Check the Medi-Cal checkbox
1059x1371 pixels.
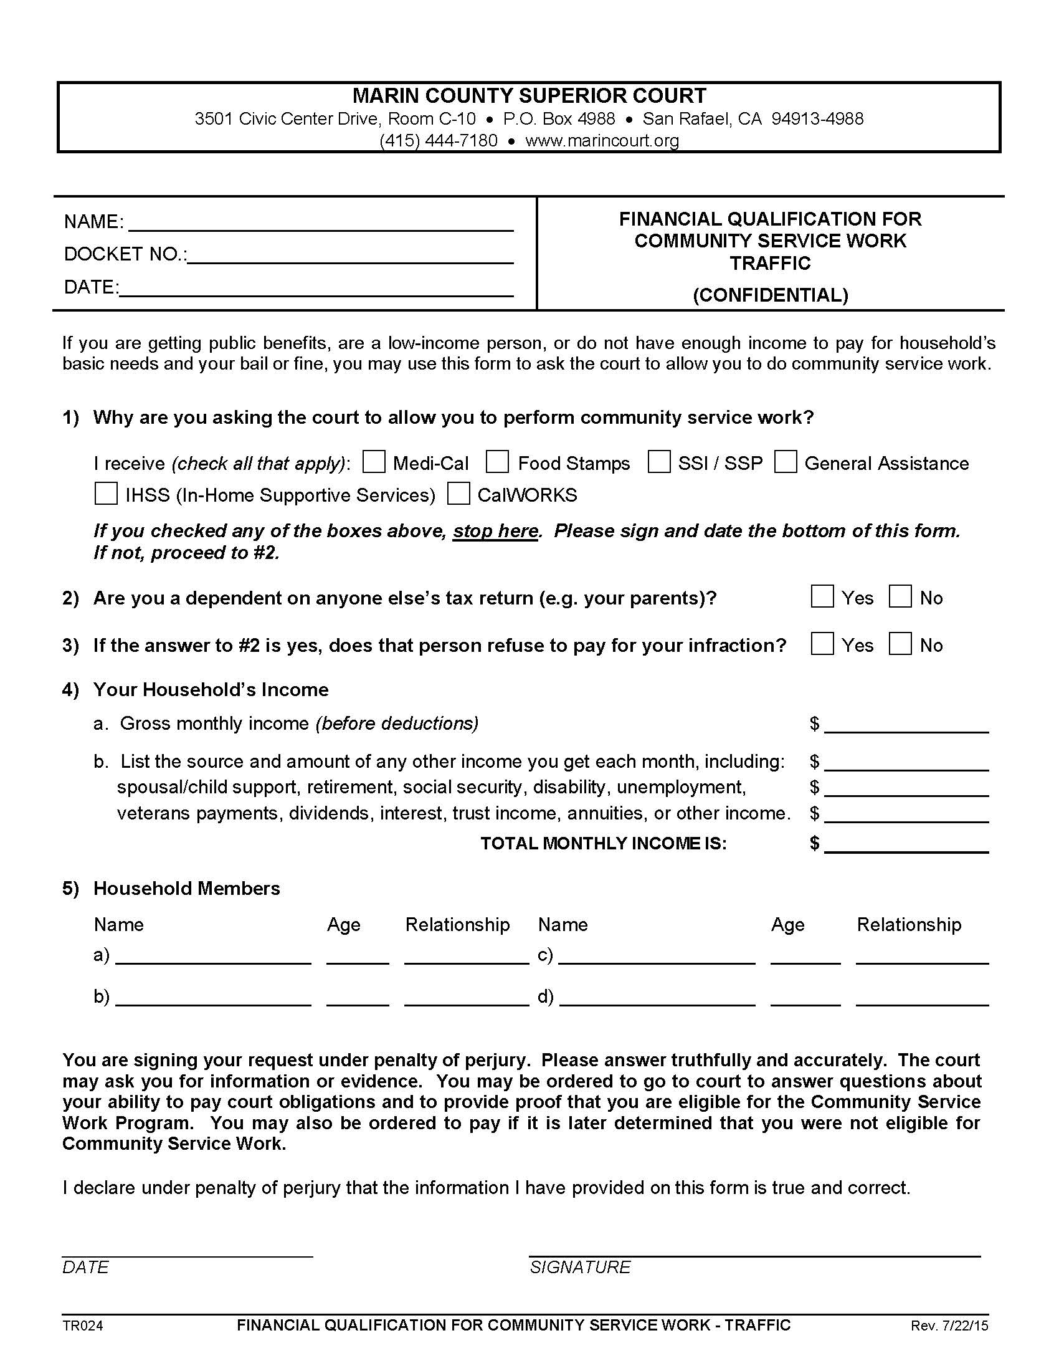coord(374,462)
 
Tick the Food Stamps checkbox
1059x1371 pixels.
coord(497,462)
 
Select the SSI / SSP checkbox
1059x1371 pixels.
coord(658,462)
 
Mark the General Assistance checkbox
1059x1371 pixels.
coord(786,462)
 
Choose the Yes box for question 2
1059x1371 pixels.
coord(822,596)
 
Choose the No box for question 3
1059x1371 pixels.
coord(900,644)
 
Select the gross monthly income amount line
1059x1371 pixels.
coord(906,725)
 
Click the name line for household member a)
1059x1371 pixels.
coord(213,957)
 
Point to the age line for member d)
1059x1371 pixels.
coord(805,998)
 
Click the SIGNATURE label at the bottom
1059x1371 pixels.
coord(580,1267)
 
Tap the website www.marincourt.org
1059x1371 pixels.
coord(602,141)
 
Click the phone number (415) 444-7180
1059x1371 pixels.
coord(438,141)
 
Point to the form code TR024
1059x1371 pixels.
coord(82,1326)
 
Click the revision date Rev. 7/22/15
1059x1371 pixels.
coord(949,1326)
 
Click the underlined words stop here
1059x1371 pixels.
coord(496,531)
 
